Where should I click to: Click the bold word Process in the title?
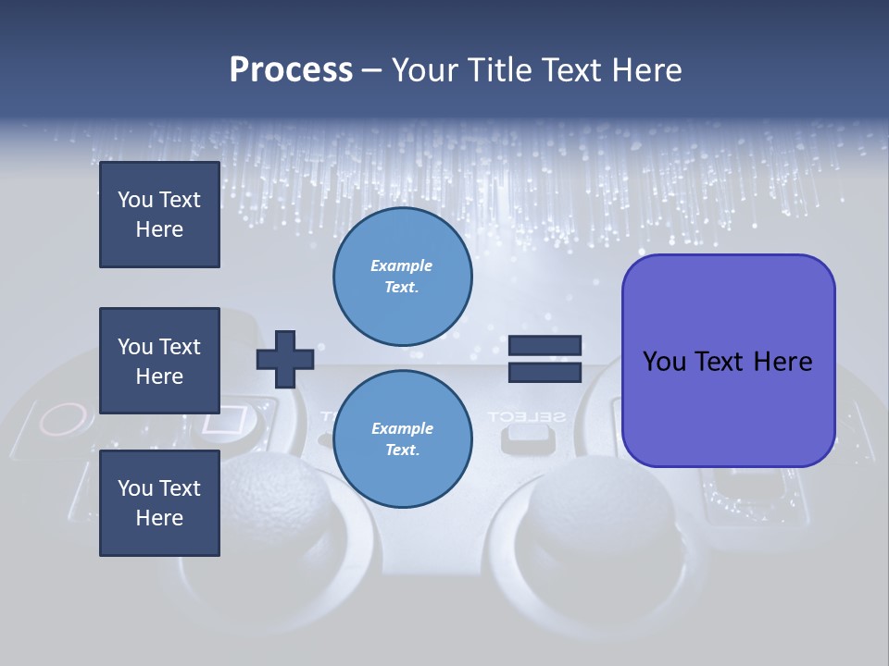pos(291,70)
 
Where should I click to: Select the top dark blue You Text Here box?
pos(159,215)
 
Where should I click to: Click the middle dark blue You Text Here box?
pos(159,361)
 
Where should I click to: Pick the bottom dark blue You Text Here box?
pos(159,503)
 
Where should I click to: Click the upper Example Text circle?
pos(402,277)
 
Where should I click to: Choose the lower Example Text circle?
pos(402,439)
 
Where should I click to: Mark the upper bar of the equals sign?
pos(545,345)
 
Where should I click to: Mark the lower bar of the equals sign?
pos(545,373)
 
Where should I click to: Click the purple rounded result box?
pos(728,361)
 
